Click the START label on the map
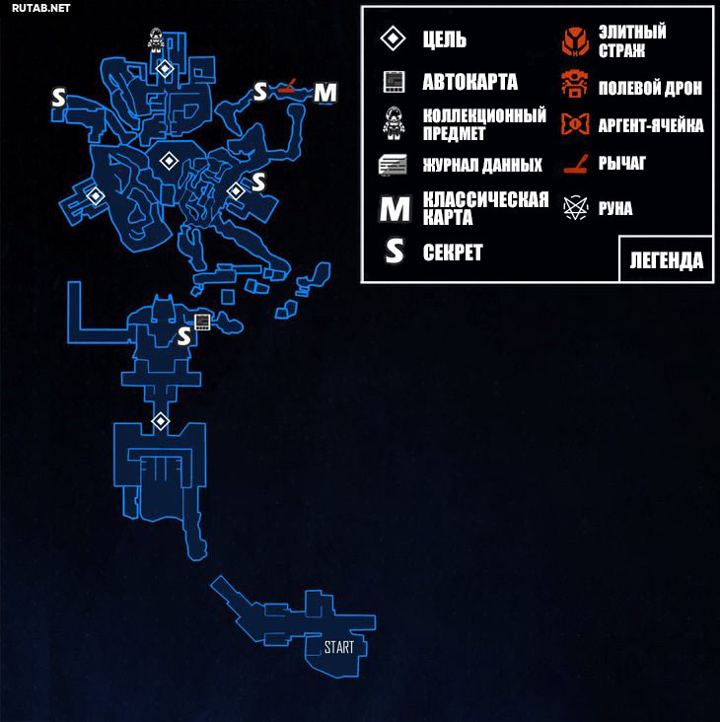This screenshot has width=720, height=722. coord(338,648)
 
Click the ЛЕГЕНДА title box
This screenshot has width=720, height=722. coord(667,260)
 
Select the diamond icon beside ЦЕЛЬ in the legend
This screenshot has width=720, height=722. coord(394,39)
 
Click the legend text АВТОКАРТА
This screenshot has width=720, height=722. coord(469,82)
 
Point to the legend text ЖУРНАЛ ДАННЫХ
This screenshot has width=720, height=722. coord(482,165)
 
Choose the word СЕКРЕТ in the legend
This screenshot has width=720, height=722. coord(453,253)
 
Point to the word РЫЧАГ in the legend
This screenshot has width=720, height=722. coord(621,164)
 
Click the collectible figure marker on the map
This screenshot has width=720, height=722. coord(157,38)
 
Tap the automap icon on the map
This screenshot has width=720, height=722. coord(202,322)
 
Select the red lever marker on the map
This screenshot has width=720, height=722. coord(287,90)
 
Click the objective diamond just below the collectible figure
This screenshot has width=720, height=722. coord(165,68)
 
